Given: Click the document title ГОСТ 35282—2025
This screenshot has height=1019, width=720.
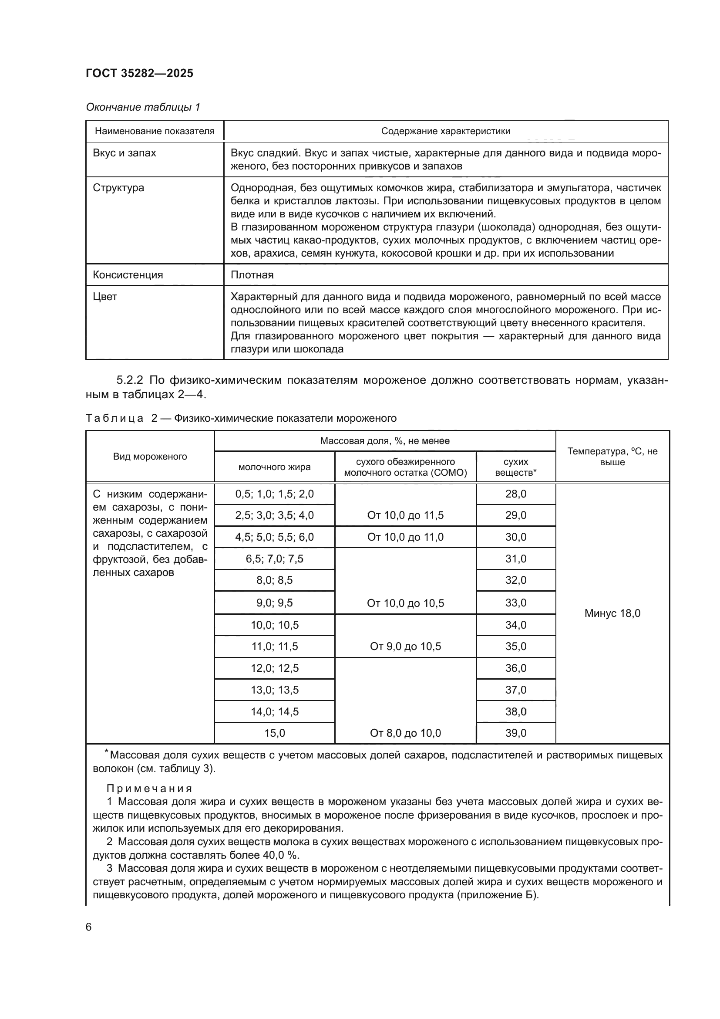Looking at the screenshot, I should pos(140,74).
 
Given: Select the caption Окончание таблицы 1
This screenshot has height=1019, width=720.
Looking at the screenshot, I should pos(143,107).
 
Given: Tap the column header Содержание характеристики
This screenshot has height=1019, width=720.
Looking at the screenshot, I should pos(446,131).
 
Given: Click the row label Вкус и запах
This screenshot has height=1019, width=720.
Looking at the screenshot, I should pos(124,153).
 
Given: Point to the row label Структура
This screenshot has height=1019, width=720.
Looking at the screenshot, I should pos(118,188).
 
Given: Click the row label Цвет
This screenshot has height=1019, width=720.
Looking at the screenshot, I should pos(105,297).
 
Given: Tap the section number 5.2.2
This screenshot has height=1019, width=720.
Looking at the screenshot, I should pos(130,380).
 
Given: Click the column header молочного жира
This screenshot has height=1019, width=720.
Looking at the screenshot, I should pos(274,467).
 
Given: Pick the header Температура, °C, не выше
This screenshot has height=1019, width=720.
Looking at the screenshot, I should pos(612,457).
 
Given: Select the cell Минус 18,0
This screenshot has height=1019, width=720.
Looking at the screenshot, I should pos(612,613).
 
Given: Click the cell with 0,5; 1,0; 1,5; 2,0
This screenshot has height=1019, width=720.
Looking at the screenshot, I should pos(274,494).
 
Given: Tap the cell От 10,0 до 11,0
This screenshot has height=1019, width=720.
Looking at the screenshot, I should pos(405,537).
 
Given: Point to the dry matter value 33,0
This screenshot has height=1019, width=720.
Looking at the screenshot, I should pos(515,603).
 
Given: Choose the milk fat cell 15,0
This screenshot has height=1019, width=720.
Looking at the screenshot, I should pos(274,733).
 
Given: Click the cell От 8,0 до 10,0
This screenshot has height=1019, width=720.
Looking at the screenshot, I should pos(405,733).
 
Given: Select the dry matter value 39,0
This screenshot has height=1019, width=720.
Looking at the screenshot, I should pos(515,733).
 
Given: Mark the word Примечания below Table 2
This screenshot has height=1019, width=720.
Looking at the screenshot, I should pos(149,788).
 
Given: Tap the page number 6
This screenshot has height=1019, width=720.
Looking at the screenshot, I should pos(89,927).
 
